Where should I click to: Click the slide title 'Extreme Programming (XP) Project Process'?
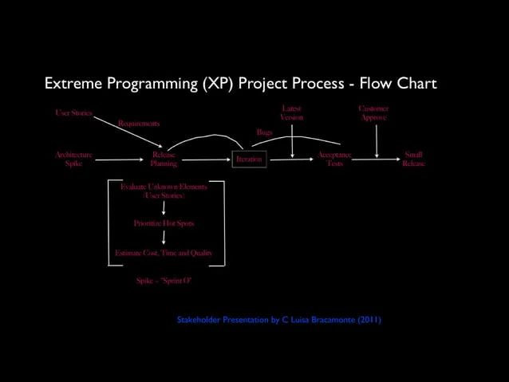click(x=240, y=85)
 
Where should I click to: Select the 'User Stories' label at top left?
click(x=73, y=113)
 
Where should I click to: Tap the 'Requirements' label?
click(x=139, y=124)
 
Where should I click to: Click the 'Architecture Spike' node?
click(x=73, y=159)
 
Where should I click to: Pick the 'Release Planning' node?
click(x=164, y=159)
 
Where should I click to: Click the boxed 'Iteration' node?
click(x=249, y=159)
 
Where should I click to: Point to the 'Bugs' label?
click(x=263, y=132)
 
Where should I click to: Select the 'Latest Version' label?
click(x=291, y=112)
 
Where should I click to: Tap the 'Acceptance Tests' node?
click(x=334, y=159)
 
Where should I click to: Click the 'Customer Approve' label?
click(x=373, y=112)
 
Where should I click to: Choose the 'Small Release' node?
click(x=413, y=159)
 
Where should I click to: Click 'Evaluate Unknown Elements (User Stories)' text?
click(x=164, y=191)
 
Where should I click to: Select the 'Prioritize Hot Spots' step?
click(x=164, y=223)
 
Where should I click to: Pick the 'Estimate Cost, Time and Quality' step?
click(x=164, y=253)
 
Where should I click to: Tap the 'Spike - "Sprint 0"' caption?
click(x=164, y=280)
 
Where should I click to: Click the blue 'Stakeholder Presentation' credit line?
click(x=278, y=320)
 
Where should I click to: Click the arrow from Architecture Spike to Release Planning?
click(x=120, y=160)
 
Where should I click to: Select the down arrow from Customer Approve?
click(x=377, y=140)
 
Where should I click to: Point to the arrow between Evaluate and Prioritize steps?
click(x=164, y=207)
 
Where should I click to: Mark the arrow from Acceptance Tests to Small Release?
click(x=375, y=159)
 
